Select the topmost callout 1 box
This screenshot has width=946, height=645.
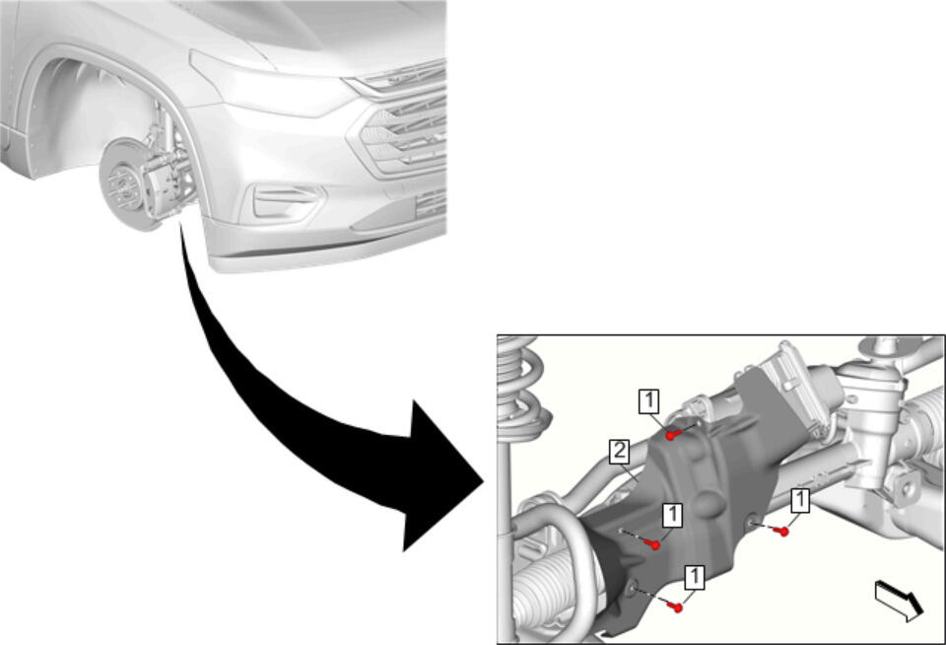click(649, 401)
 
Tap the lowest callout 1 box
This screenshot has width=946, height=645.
click(695, 578)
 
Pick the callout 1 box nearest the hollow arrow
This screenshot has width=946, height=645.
click(800, 501)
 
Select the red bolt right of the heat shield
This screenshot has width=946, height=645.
click(781, 532)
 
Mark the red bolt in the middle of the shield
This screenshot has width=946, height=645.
click(652, 544)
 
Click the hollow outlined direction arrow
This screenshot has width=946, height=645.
click(899, 601)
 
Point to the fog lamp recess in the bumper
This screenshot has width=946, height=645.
click(284, 200)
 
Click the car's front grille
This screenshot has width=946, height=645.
click(404, 130)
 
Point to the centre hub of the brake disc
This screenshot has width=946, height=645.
click(122, 184)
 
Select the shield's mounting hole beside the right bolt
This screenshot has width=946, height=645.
click(752, 521)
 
